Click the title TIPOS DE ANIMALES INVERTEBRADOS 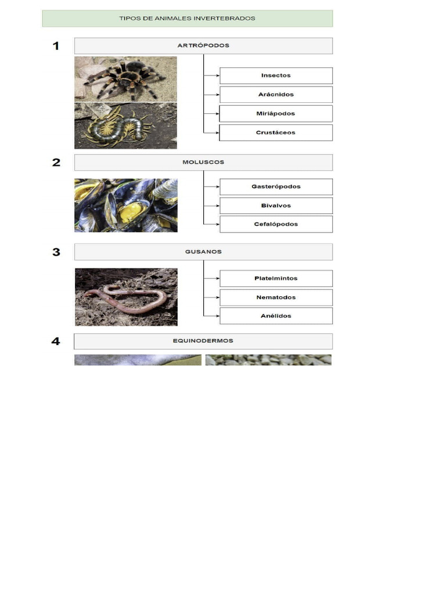coord(187,19)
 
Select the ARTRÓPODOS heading coord(203,46)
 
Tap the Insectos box coord(276,76)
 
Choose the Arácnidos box coord(276,95)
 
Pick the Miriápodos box coord(276,113)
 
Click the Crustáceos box coord(276,132)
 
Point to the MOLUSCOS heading coord(203,162)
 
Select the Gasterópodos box coord(276,187)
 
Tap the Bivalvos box coord(276,206)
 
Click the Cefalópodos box coord(276,224)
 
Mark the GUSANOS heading coord(203,252)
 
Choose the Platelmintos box coord(276,278)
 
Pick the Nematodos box coord(276,297)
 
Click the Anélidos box coord(276,316)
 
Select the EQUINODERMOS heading coord(203,341)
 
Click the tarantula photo coord(125,79)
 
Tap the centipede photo coord(125,126)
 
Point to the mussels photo coord(125,205)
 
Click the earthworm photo coord(125,296)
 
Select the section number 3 coord(56,252)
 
